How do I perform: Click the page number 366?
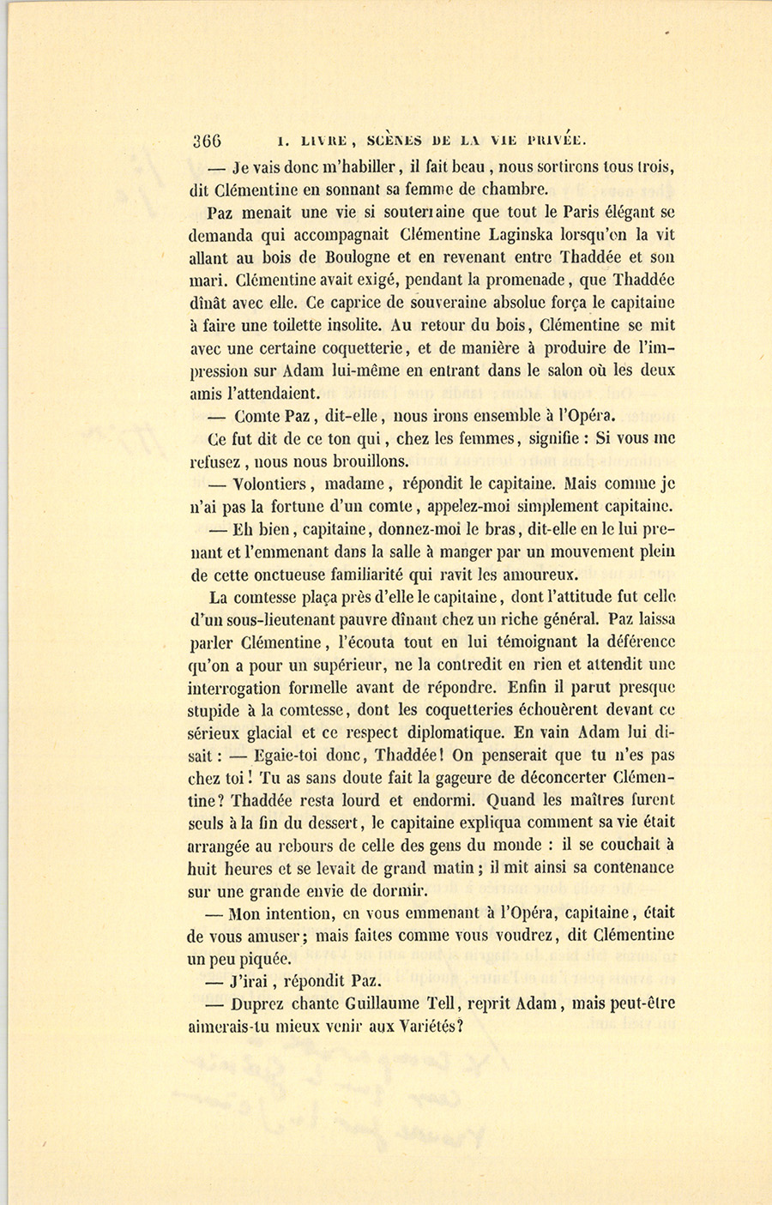click(x=208, y=142)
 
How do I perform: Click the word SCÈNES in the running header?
click(x=394, y=141)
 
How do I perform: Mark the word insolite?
click(x=351, y=325)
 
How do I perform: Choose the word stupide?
click(x=214, y=709)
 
